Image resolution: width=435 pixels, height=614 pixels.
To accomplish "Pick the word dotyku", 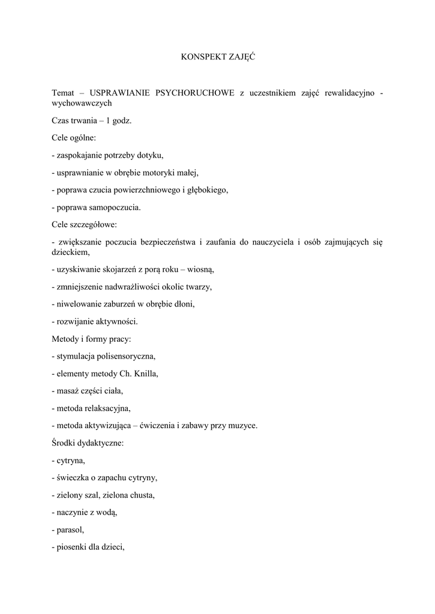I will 151,155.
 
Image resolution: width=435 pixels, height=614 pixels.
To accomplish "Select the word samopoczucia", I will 119,207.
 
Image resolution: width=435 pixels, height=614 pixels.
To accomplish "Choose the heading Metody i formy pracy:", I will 91,339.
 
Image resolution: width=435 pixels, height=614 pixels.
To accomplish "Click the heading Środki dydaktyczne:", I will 88,443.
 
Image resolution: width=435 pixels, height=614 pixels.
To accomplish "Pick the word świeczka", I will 73,478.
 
